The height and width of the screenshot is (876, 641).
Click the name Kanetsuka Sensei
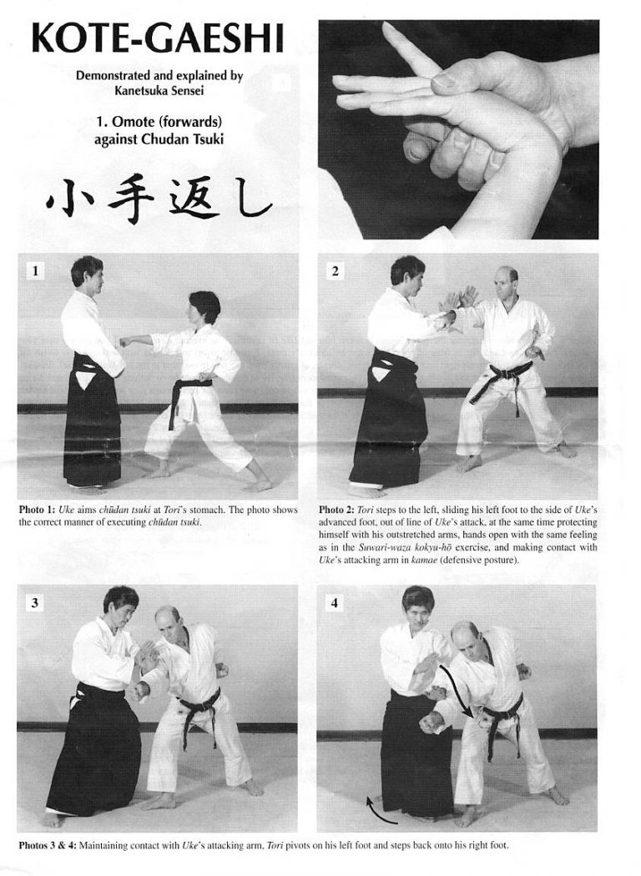click(159, 90)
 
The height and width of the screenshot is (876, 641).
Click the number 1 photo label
click(33, 270)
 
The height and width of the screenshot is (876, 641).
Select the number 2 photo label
click(334, 270)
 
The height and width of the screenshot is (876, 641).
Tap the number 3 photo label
click(33, 603)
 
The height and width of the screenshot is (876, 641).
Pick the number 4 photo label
click(334, 603)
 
